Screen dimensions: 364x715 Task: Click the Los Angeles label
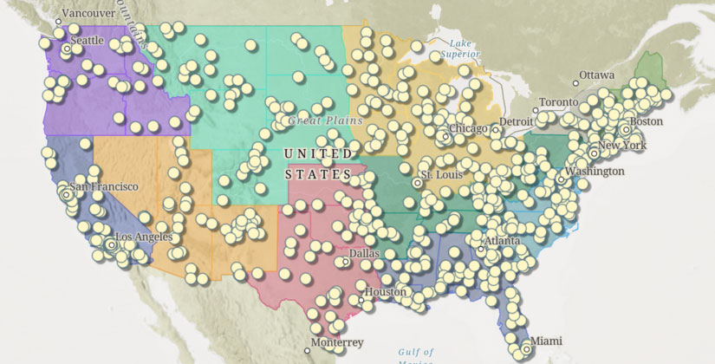coord(144,237)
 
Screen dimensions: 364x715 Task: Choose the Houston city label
coord(385,292)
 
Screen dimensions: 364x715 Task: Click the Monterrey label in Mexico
coord(339,342)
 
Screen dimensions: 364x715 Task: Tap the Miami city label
coord(546,340)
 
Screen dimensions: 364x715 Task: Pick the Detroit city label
coord(516,122)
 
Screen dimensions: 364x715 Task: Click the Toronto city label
coord(557,102)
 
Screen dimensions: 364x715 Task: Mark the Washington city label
coord(595,172)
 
